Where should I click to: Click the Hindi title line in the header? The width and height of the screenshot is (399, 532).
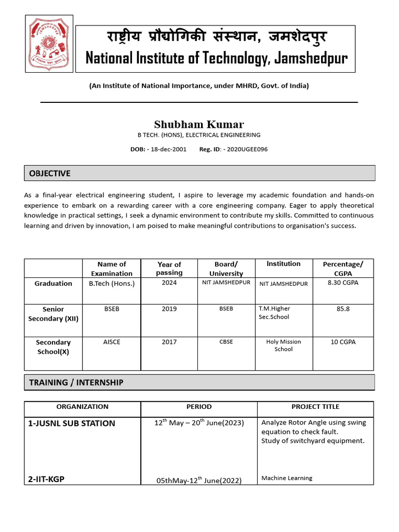[x=217, y=37]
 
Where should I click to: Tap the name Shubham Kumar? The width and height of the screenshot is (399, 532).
[x=198, y=124]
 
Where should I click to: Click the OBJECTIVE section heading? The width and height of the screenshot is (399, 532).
[x=50, y=173]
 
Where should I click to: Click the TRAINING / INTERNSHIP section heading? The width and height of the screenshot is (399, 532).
[x=76, y=382]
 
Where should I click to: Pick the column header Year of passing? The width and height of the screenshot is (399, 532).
[x=169, y=269]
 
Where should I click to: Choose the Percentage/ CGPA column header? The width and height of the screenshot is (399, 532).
[x=343, y=269]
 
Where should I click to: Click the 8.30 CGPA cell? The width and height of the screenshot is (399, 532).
[x=343, y=283]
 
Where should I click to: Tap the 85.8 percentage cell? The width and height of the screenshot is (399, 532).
[x=343, y=309]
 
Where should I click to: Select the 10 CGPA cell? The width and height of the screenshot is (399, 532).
[x=343, y=342]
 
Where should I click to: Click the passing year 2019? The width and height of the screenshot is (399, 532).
[x=169, y=309]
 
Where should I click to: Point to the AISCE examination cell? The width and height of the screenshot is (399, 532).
[x=112, y=342]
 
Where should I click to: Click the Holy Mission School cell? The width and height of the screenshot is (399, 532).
[x=283, y=345]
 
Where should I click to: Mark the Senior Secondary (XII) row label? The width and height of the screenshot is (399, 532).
[x=53, y=314]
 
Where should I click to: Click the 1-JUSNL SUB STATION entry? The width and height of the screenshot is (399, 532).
[x=72, y=423]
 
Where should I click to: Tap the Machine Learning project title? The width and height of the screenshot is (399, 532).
[x=287, y=478]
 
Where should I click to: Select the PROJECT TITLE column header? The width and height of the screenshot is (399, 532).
[x=315, y=407]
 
